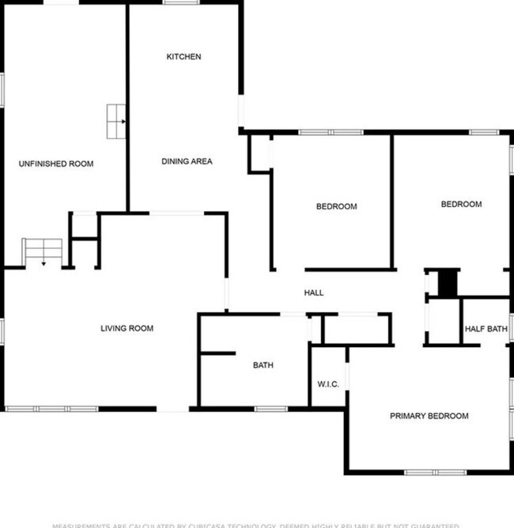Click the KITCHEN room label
tap(183, 57)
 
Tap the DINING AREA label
tap(187, 161)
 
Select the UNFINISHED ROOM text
tap(56, 164)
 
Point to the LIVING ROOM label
tap(127, 328)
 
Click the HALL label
tap(314, 293)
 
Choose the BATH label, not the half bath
tap(263, 365)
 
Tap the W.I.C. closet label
tap(328, 385)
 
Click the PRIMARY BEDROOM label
tap(429, 416)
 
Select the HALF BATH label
tap(486, 329)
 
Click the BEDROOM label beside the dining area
tap(336, 207)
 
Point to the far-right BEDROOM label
tap(461, 205)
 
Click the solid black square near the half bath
tap(448, 283)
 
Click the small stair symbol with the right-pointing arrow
tap(117, 121)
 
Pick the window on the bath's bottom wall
tap(271, 409)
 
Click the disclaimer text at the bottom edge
tap(257, 524)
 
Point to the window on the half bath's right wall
tap(511, 328)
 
